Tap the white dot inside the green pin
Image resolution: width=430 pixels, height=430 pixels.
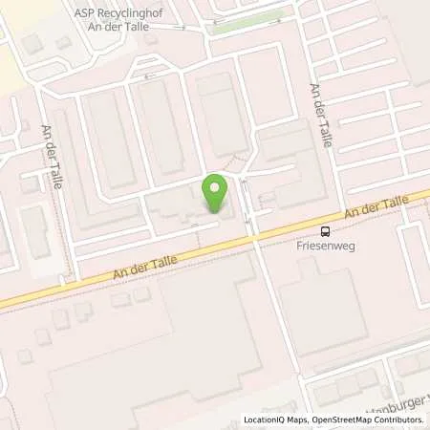(x=215, y=185)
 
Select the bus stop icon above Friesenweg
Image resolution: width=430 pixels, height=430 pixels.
(x=326, y=230)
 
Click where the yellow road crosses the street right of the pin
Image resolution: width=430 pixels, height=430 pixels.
(x=253, y=235)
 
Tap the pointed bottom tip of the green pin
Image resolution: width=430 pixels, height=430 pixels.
(x=215, y=210)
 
